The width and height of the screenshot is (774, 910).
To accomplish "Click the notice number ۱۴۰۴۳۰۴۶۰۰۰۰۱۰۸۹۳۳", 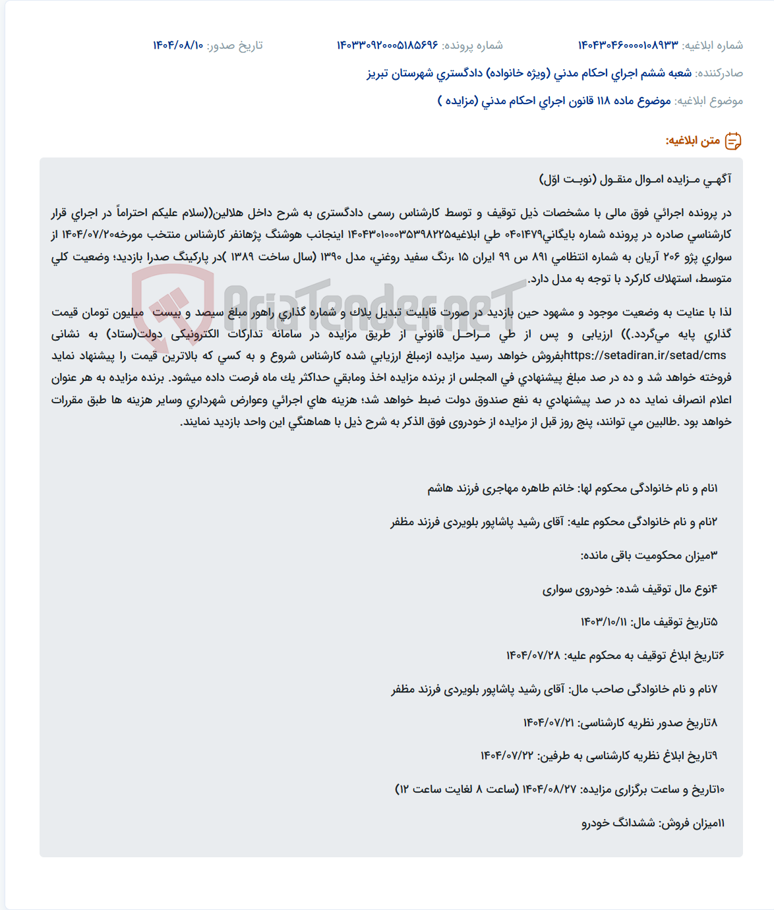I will click(628, 45).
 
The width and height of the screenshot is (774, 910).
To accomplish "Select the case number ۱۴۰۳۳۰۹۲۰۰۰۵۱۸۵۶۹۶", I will click(388, 45).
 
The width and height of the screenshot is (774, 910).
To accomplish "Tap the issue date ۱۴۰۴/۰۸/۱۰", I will click(178, 45).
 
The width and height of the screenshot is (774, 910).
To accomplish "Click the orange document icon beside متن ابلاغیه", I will click(733, 141).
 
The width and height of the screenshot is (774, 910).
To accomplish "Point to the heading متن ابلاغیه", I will click(692, 141).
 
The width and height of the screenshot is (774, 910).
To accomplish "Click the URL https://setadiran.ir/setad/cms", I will click(645, 356).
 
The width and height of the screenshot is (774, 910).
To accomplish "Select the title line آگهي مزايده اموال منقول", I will click(635, 179).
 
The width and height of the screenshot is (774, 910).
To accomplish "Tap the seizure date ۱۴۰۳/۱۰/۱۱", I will click(603, 622).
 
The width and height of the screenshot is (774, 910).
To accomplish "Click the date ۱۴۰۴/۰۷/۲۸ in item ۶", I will click(533, 656).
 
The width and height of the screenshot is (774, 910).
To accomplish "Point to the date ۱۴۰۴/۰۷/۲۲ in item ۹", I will click(506, 756).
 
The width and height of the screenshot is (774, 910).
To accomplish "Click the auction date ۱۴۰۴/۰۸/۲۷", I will click(549, 789).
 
